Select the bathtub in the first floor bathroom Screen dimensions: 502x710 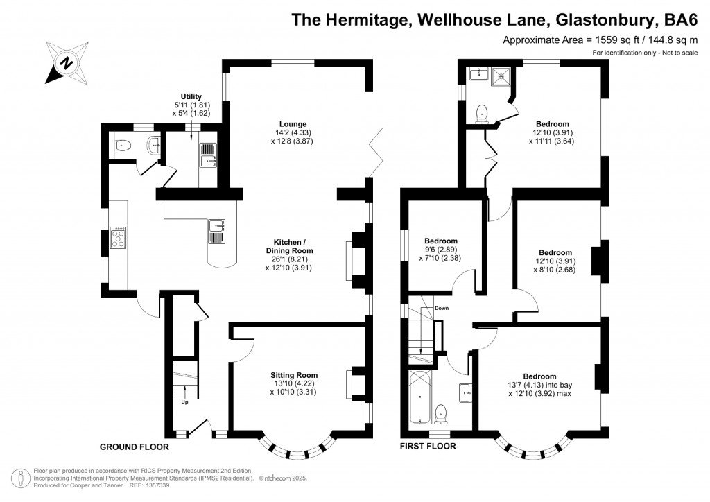coord(419,397)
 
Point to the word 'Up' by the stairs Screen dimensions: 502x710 coord(184,402)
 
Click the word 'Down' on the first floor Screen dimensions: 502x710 coord(442,308)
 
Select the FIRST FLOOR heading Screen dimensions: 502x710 coord(428,447)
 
